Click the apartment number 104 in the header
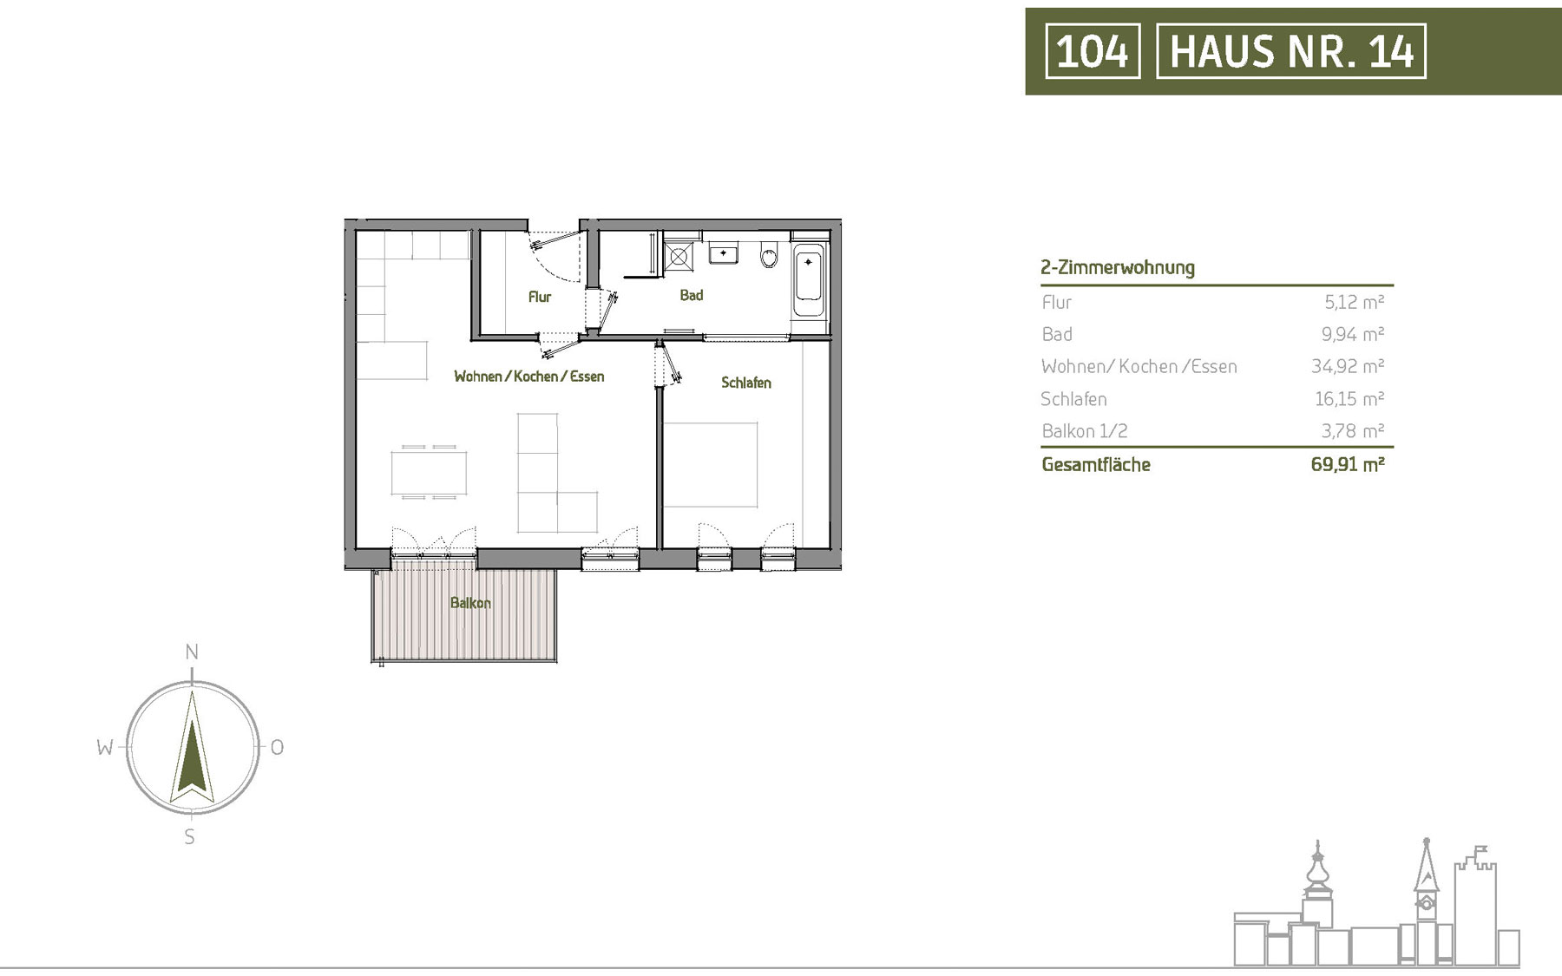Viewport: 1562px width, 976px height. pyautogui.click(x=1093, y=51)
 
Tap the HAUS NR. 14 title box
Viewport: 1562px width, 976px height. pyautogui.click(x=1291, y=51)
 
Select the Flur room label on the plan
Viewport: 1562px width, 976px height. pyautogui.click(x=540, y=297)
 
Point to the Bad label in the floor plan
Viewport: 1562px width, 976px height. pyautogui.click(x=692, y=295)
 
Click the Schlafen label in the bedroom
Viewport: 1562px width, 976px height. pyautogui.click(x=746, y=383)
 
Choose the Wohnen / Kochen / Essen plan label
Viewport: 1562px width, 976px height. pyautogui.click(x=529, y=377)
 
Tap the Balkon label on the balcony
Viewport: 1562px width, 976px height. pyautogui.click(x=470, y=603)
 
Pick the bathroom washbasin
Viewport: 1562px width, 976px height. pyautogui.click(x=723, y=253)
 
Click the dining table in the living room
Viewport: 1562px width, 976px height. pyautogui.click(x=429, y=473)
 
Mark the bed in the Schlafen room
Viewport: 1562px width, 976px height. pyautogui.click(x=711, y=464)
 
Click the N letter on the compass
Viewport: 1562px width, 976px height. pyautogui.click(x=192, y=652)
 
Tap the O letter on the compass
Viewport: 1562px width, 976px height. pyautogui.click(x=277, y=747)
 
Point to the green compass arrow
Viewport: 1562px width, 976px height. pyautogui.click(x=192, y=743)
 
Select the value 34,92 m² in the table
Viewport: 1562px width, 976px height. pyautogui.click(x=1348, y=366)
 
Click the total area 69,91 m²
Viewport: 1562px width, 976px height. pyautogui.click(x=1348, y=464)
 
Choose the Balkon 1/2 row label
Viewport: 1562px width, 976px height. pyautogui.click(x=1085, y=431)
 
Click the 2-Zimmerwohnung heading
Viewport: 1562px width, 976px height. pyautogui.click(x=1118, y=267)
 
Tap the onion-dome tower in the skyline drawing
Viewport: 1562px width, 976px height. pyautogui.click(x=1317, y=885)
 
